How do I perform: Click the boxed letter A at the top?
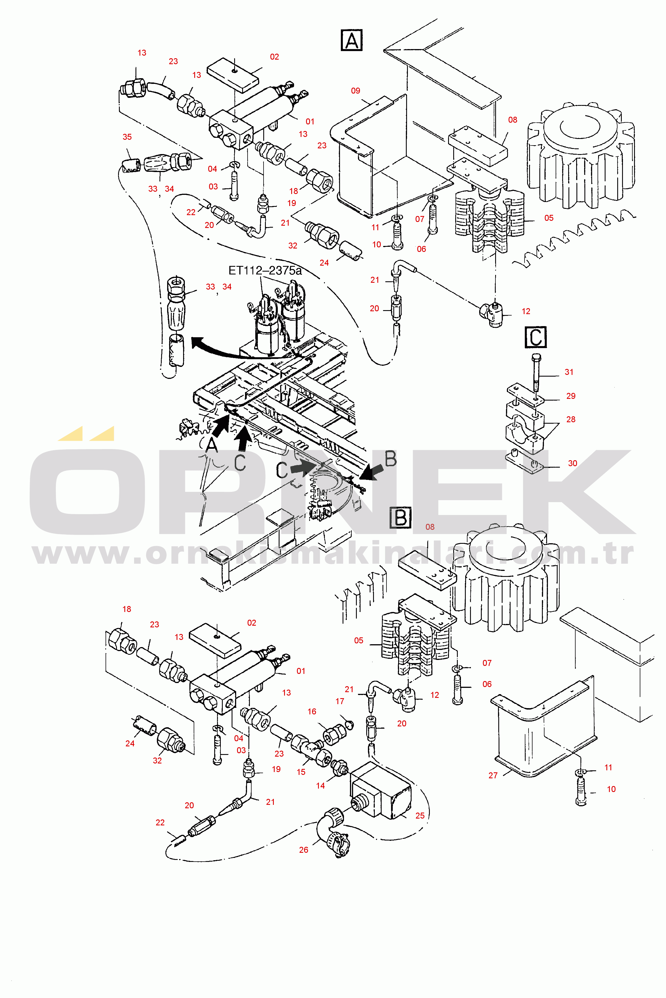[x=352, y=40]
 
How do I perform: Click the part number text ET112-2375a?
[x=265, y=271]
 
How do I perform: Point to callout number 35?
[x=127, y=137]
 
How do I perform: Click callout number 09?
[x=355, y=90]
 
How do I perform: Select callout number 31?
[x=569, y=372]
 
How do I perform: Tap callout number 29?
[x=571, y=396]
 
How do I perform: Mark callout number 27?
[x=493, y=775]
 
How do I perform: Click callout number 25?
[x=420, y=815]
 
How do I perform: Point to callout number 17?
[x=340, y=701]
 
